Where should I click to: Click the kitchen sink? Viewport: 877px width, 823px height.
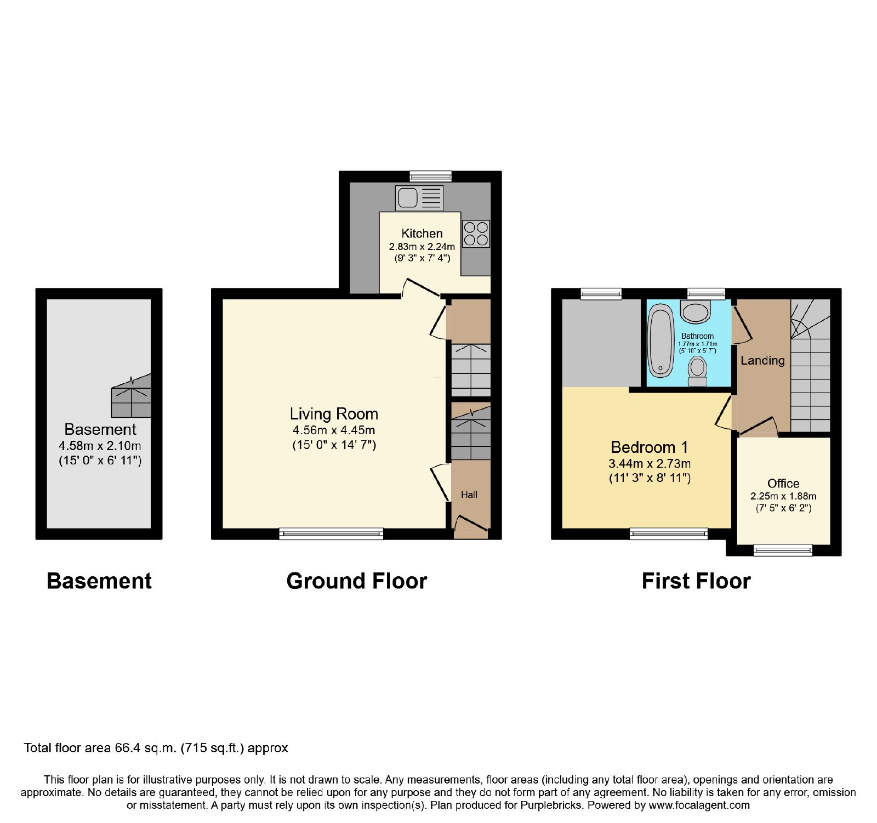coord(419,197)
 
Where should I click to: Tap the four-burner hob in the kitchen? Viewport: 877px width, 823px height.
coord(476,234)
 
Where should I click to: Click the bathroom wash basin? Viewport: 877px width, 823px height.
coord(696,311)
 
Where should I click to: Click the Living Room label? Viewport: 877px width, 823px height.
coord(334,414)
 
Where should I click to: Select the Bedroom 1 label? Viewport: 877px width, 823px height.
coord(650,447)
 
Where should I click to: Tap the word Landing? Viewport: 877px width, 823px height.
coord(762,360)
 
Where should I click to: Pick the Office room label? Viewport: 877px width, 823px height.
coord(783,483)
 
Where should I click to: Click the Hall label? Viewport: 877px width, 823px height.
coord(469,495)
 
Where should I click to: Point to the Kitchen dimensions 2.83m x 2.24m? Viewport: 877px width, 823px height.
coord(422,247)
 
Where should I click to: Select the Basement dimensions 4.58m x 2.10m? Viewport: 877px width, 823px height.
coord(100,446)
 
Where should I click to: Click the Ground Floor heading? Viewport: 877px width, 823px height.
coord(357,581)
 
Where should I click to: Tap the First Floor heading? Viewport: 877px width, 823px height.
coord(696,581)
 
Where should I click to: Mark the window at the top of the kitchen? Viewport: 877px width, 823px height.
coord(431,176)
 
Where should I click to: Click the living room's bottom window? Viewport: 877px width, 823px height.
coord(331,533)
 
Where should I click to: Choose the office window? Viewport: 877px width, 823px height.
coord(783,550)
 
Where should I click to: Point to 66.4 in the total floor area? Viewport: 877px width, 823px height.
coord(127,748)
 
